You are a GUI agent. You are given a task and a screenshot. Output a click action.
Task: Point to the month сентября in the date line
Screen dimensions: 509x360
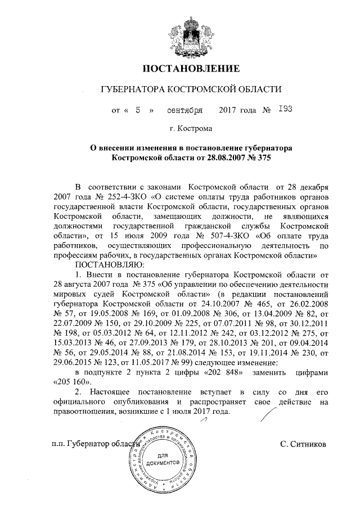(x=183, y=110)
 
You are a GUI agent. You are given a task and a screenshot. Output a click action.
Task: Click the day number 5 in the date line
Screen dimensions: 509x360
(x=137, y=110)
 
